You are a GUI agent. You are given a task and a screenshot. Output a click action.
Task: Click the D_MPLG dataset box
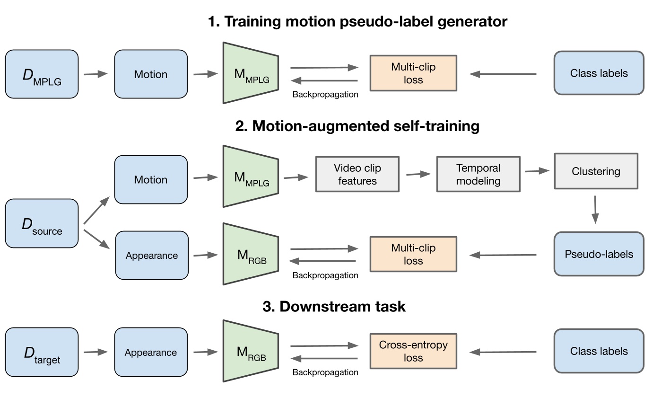tap(42, 74)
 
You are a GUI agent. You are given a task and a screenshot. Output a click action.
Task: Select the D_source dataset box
tap(42, 223)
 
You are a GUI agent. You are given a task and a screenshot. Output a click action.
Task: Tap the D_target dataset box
tap(42, 352)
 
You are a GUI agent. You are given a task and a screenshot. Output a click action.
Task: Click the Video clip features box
tap(357, 174)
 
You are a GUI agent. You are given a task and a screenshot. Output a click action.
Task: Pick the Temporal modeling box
tap(478, 174)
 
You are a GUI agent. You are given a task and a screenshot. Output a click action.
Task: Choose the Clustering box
tap(596, 171)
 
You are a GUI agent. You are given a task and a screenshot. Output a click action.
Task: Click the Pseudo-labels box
tap(599, 254)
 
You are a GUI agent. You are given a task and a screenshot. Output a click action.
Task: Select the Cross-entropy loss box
tap(413, 351)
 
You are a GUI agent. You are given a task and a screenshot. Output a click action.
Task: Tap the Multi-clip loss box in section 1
tap(413, 73)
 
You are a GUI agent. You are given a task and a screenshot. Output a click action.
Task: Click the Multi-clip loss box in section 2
tap(413, 254)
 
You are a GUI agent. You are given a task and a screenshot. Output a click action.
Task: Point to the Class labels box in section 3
tap(599, 351)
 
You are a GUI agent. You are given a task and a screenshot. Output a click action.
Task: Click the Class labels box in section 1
tap(599, 73)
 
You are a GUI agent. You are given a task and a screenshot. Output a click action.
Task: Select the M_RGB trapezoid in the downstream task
tap(251, 351)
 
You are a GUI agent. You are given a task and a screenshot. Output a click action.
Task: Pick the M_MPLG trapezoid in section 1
tap(251, 73)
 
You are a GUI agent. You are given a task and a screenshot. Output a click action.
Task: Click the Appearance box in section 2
tap(151, 256)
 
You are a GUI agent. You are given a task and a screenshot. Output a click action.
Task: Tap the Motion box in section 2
tap(151, 180)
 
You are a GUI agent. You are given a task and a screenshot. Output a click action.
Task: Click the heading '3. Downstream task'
tap(334, 306)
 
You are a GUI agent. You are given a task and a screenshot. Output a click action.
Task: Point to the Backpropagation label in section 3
tap(325, 372)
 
